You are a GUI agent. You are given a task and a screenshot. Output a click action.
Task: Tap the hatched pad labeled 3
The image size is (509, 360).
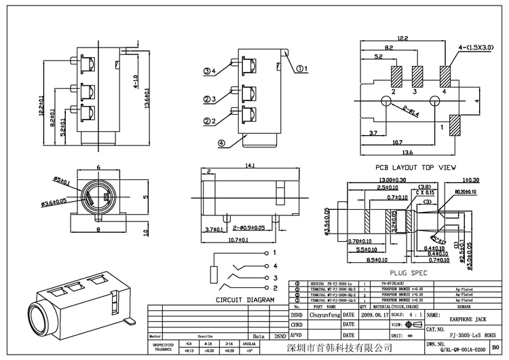pos(417,74)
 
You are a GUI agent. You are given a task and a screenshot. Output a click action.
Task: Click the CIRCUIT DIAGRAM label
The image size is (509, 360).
pos(244,300)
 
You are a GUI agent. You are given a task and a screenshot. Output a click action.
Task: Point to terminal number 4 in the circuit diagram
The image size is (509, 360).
pos(275,253)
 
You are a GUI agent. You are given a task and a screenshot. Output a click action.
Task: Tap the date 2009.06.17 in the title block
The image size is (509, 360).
pos(375,315)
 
